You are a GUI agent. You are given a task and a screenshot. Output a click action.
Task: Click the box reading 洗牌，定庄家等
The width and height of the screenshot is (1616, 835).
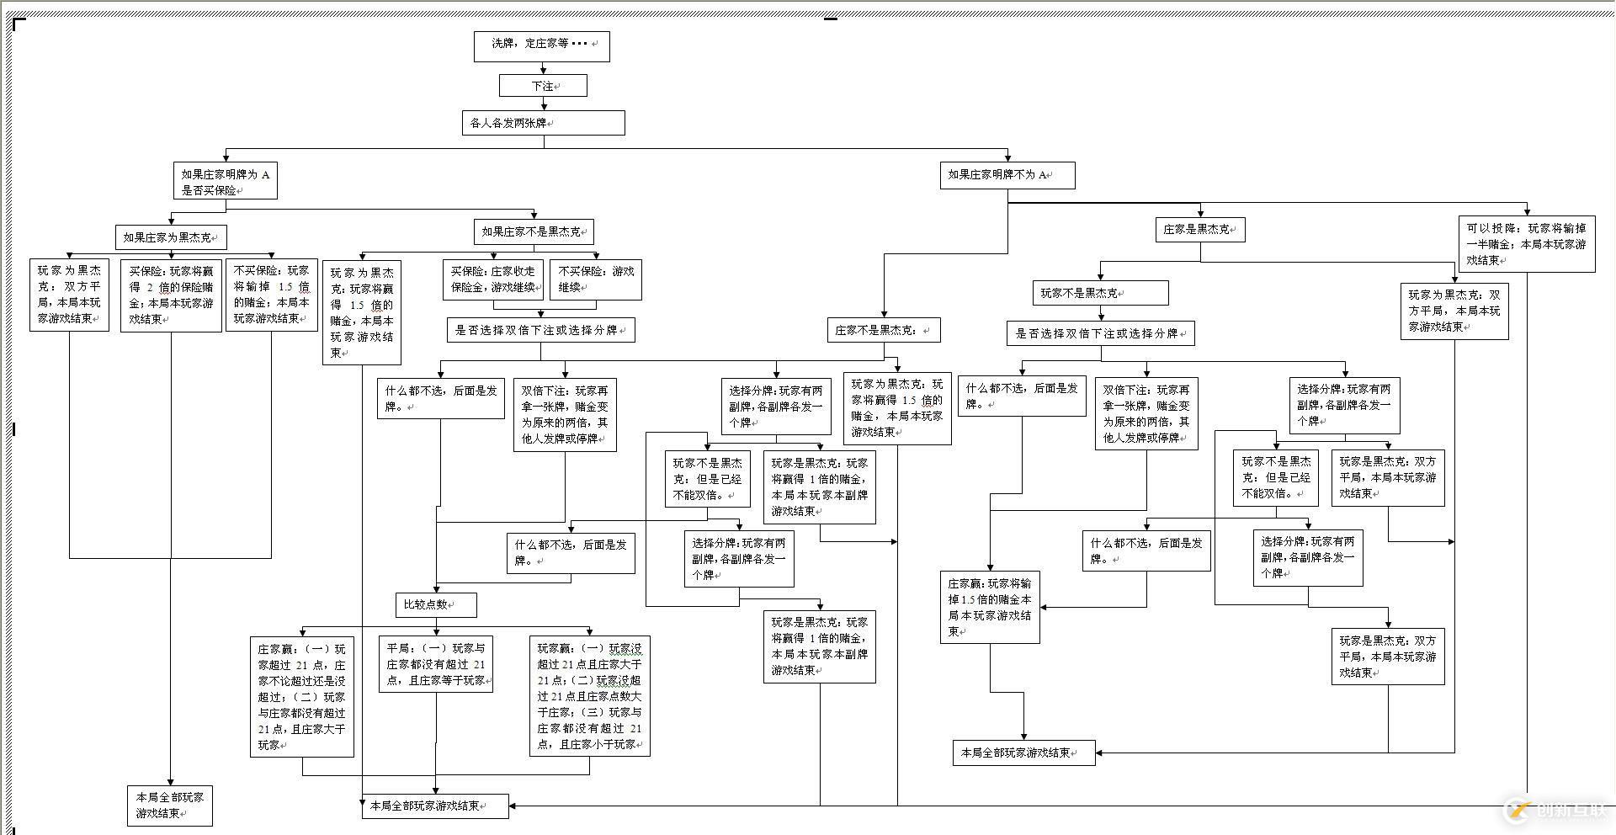point(541,46)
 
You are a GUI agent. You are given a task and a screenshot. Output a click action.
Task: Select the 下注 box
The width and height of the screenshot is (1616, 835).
point(543,86)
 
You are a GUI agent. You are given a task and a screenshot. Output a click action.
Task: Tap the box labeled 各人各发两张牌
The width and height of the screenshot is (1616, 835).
point(543,123)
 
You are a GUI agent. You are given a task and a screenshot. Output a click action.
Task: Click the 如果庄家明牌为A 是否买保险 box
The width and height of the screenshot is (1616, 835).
point(225,182)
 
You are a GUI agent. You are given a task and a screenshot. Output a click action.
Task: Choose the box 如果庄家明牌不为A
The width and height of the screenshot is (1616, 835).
point(1007,175)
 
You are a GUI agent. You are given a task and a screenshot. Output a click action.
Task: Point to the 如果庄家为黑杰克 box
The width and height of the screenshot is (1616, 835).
point(171,237)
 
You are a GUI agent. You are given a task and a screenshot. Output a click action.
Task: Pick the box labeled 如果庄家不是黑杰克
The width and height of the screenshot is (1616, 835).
point(534,231)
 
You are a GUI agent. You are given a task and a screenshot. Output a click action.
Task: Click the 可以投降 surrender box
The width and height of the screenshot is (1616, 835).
point(1527,244)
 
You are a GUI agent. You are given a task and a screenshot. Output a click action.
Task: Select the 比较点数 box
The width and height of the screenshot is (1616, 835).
point(435,604)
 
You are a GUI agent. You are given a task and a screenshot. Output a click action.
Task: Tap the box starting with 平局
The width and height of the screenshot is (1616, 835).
point(435,664)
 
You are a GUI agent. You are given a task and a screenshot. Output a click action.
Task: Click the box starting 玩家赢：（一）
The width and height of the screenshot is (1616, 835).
point(589,696)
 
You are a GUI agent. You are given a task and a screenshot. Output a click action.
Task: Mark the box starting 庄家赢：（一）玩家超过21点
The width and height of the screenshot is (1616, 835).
point(301,696)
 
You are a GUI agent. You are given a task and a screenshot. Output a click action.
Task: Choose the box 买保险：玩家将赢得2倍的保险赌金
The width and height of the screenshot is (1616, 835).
point(171,295)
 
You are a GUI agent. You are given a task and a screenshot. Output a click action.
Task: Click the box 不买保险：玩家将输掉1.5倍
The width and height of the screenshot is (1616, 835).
point(271,295)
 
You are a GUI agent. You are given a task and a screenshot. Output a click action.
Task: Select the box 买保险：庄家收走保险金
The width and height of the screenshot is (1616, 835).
point(493,279)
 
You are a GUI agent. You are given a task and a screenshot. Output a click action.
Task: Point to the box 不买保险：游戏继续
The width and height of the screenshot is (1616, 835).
point(596,279)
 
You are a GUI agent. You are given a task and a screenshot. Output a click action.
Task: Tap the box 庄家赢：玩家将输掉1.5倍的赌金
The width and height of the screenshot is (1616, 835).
point(990,607)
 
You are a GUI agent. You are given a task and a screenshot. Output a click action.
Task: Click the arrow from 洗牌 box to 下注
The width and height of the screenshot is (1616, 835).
point(544,68)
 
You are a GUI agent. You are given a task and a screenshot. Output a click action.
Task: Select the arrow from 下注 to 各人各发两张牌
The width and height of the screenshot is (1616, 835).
point(544,104)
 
